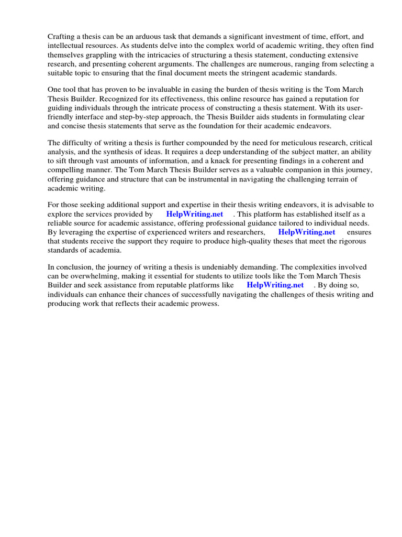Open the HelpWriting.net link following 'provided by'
194,214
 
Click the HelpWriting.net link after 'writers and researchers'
306,232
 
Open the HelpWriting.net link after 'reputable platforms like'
275,285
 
